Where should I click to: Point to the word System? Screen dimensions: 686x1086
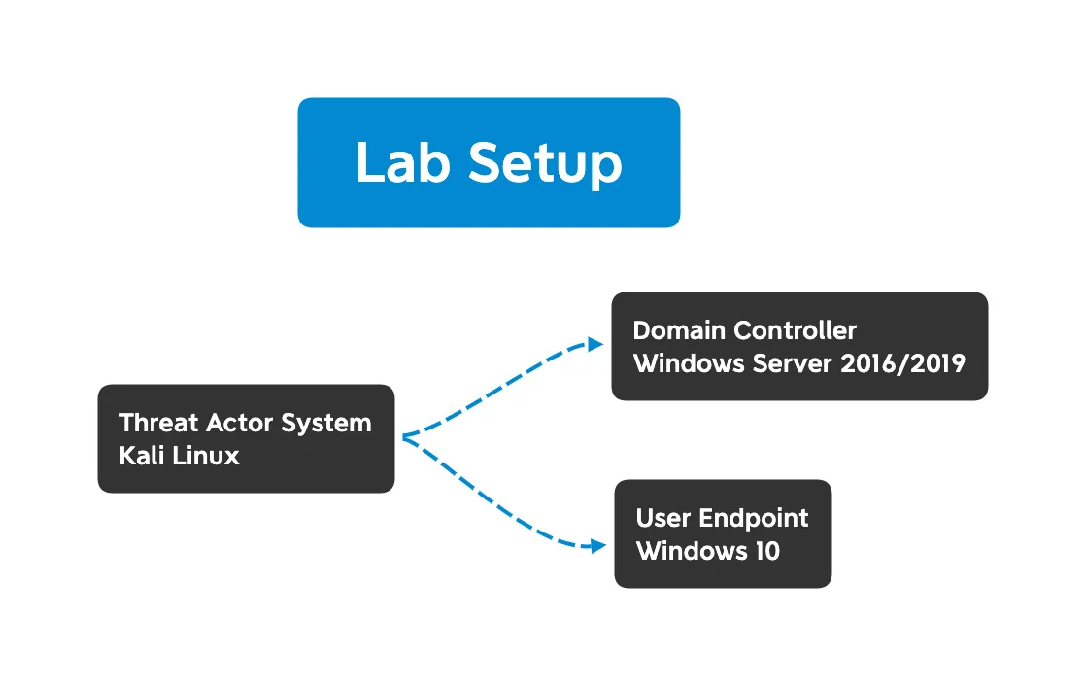[x=326, y=424]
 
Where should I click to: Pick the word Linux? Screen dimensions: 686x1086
[x=206, y=456]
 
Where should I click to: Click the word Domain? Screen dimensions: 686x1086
[x=679, y=330]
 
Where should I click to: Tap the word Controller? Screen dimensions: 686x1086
[x=796, y=330]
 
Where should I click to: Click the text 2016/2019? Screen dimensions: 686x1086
[x=901, y=363]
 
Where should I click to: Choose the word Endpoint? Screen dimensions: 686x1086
[x=754, y=519]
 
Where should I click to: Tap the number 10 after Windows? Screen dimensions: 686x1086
[x=765, y=551]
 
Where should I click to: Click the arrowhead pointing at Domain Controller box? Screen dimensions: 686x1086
[x=597, y=344]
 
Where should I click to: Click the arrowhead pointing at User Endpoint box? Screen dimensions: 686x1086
[x=597, y=547]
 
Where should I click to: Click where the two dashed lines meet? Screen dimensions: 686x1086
[x=403, y=438]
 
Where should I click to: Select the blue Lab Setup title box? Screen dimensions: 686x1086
[x=489, y=117]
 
